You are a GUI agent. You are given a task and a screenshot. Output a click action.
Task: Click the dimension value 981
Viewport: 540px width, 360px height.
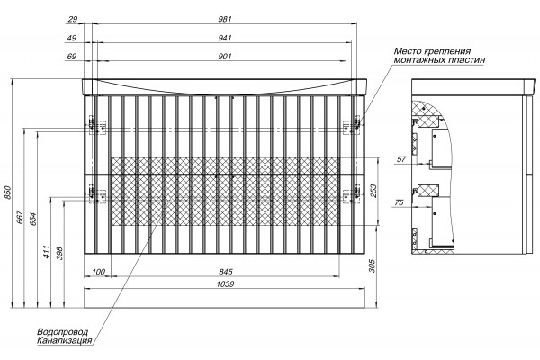click(225, 19)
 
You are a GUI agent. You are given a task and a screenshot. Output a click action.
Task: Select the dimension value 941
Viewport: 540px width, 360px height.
click(225, 38)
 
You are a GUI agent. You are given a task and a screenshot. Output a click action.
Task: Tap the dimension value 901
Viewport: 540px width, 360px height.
click(225, 56)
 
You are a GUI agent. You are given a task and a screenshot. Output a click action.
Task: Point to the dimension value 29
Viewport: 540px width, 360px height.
click(72, 19)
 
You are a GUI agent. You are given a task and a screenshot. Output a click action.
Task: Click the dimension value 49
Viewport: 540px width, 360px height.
click(72, 38)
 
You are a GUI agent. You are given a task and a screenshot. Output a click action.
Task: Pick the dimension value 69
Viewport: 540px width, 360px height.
click(72, 56)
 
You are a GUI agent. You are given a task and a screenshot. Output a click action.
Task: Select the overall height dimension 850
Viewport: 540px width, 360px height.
click(8, 193)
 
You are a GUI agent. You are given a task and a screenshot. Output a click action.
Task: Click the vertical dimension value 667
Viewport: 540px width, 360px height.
click(21, 218)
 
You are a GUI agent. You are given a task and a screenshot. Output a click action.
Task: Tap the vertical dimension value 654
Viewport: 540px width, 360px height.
click(33, 220)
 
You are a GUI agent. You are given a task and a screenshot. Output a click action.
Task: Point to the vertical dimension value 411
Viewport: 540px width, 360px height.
click(47, 252)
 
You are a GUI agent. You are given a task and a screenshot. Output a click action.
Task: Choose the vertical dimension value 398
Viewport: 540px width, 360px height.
click(60, 253)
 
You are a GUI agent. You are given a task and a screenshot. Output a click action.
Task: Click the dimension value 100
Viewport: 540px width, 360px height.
click(98, 272)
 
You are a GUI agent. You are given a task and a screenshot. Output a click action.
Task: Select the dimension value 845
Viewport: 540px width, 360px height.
click(226, 272)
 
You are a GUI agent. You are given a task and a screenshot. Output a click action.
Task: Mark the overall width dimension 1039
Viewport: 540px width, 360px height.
click(226, 283)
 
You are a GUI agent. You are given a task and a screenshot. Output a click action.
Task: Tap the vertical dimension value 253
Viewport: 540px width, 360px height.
click(373, 191)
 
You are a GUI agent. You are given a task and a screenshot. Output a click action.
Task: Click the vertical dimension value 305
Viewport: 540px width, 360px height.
click(373, 265)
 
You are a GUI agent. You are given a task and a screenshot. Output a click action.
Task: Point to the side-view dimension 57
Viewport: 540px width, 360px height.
click(401, 159)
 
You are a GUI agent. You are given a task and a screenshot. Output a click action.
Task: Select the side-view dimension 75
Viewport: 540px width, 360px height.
click(399, 202)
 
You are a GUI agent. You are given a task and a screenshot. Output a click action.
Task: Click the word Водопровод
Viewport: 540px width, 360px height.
click(63, 332)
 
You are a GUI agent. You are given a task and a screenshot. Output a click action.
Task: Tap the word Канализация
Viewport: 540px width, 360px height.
click(65, 341)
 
